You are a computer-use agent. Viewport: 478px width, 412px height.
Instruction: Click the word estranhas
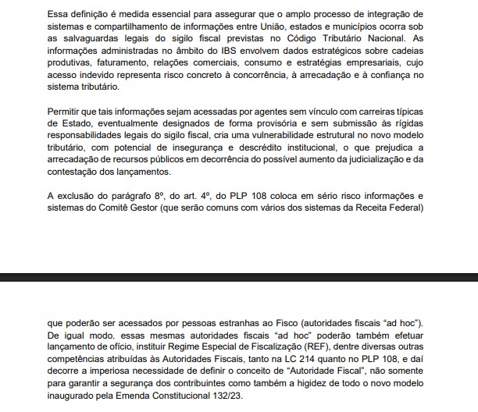coord(209,324)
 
